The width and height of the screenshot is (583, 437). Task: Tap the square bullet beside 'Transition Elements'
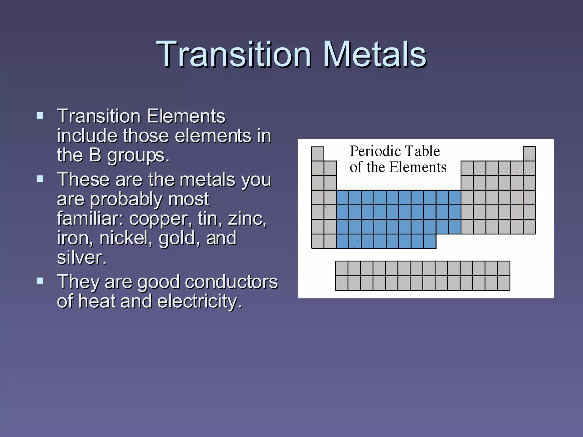point(40,116)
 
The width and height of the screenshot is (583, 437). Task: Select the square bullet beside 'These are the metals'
point(40,179)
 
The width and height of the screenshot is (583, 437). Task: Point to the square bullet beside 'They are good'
point(40,281)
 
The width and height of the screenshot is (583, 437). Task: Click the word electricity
point(199,302)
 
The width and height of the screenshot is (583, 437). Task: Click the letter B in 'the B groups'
point(95,155)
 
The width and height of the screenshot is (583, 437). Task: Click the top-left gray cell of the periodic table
point(317,154)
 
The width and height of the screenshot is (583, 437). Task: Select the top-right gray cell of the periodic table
point(529,154)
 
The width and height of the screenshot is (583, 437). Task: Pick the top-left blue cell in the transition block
point(342,197)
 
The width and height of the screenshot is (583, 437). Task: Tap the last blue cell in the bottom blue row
point(430,241)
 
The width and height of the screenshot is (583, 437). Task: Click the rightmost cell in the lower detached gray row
point(504,283)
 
